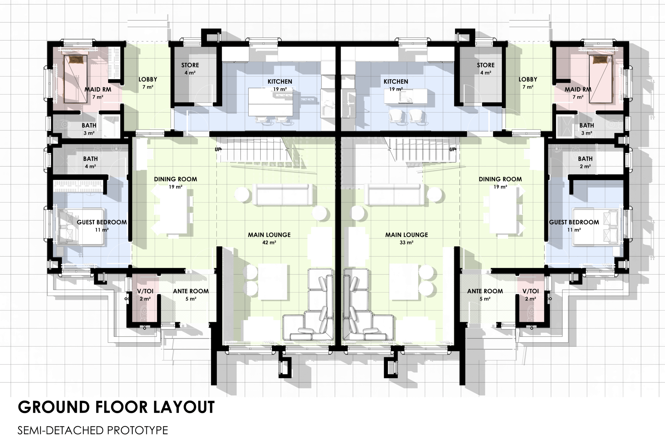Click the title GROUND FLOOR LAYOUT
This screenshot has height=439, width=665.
(x=116, y=407)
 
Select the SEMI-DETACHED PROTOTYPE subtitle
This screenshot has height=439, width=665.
(x=93, y=430)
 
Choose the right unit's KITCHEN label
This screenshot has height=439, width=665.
(x=396, y=82)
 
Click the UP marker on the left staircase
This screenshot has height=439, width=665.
(x=218, y=150)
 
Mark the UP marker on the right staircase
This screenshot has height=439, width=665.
(x=453, y=150)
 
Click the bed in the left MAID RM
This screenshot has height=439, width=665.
(x=75, y=79)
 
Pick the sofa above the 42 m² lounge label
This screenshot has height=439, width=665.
(x=283, y=195)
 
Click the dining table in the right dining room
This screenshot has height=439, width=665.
(x=503, y=210)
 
